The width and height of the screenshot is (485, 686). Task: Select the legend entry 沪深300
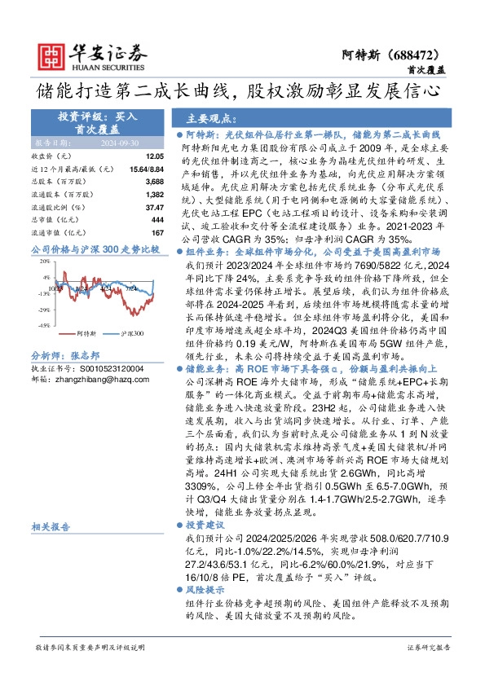(132, 334)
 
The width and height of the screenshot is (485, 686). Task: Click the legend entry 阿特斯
(86, 334)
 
